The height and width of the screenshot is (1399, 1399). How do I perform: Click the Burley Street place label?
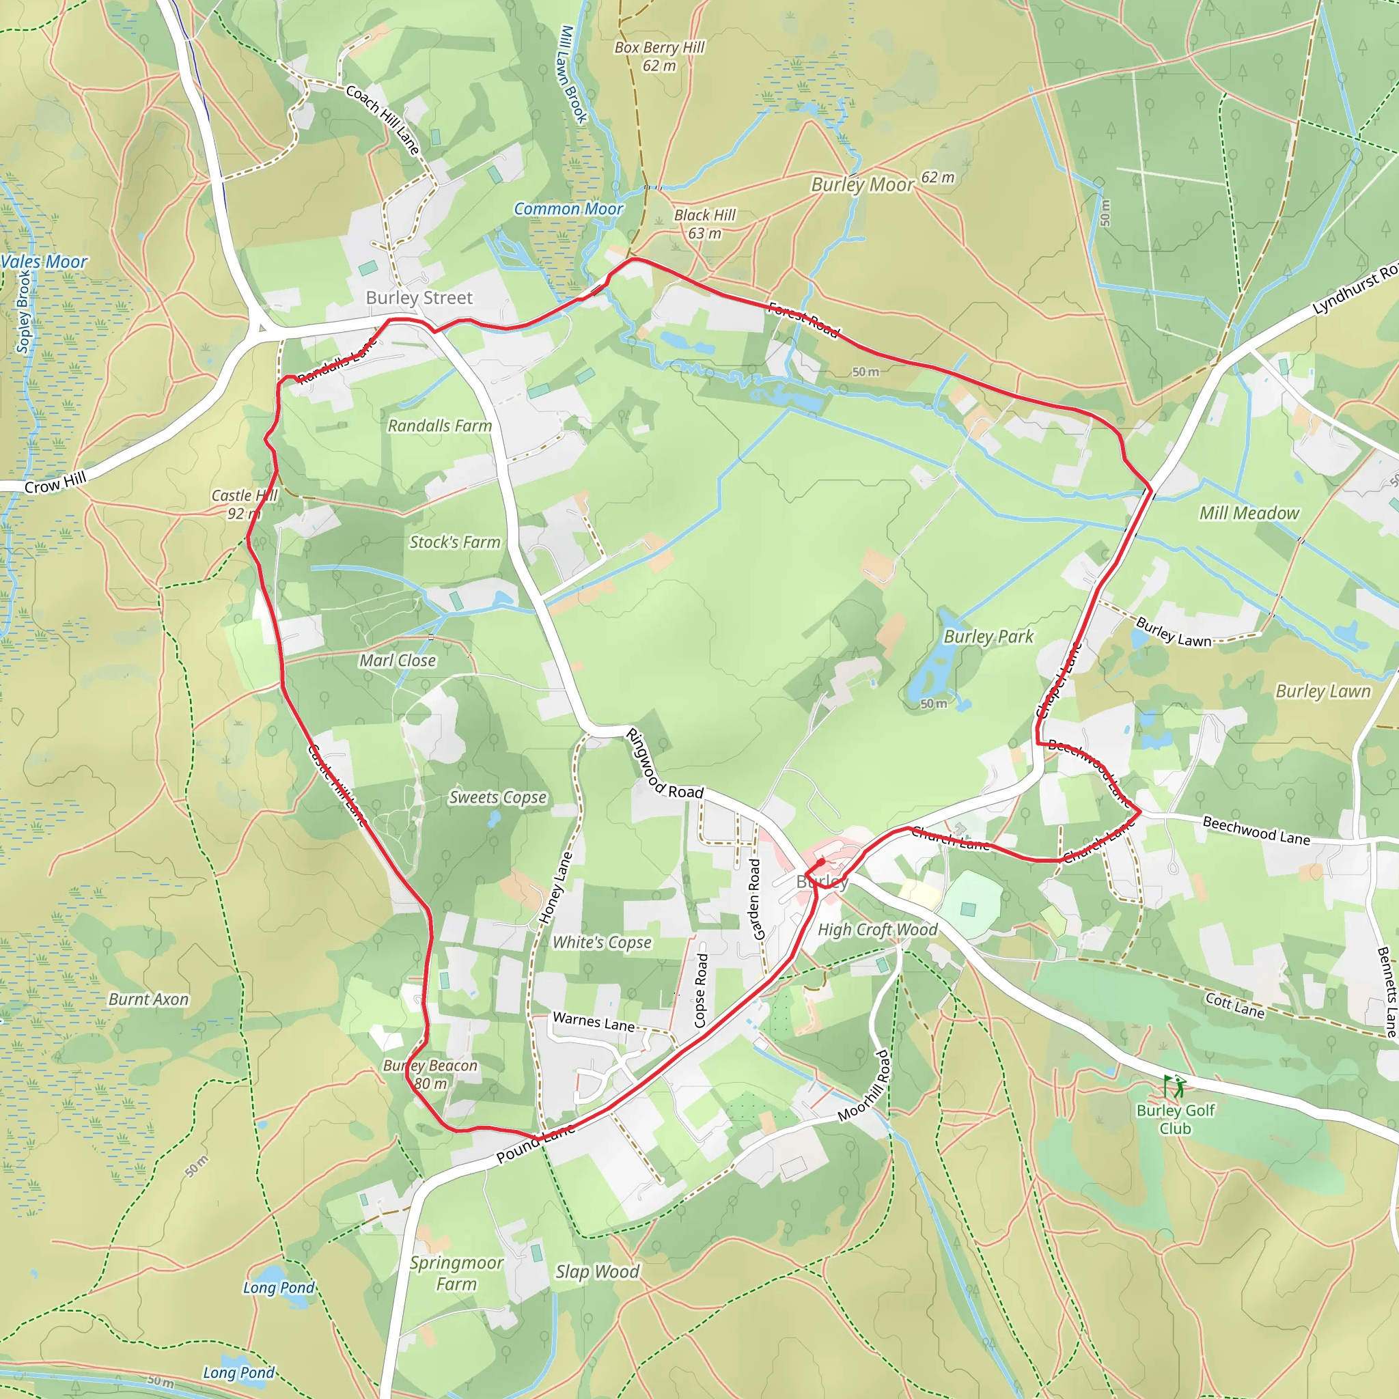coord(419,298)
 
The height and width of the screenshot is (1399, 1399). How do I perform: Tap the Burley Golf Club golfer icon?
coord(1174,1086)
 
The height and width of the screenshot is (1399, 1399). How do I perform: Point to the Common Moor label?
coord(568,209)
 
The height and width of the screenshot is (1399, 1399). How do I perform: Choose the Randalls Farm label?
coord(439,426)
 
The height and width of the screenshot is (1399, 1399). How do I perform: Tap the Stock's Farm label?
coord(455,542)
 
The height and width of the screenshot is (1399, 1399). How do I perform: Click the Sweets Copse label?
coord(497,797)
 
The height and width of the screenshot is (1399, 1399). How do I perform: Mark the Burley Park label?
coord(988,637)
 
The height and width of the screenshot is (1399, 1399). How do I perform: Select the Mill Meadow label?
coord(1249,514)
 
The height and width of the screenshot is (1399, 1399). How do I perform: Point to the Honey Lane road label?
coord(555,888)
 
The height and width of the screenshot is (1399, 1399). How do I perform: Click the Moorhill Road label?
coord(863,1086)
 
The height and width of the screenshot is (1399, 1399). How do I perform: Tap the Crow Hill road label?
coord(56,482)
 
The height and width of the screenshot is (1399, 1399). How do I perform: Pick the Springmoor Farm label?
coord(456,1273)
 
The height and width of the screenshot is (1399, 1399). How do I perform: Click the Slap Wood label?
coord(598,1272)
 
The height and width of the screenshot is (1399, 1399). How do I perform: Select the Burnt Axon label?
coord(148,1000)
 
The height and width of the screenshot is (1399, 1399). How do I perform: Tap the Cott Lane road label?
coord(1234,1006)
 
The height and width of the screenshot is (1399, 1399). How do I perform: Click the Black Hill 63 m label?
coord(704,224)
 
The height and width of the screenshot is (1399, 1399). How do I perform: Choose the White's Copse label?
coord(602,943)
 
